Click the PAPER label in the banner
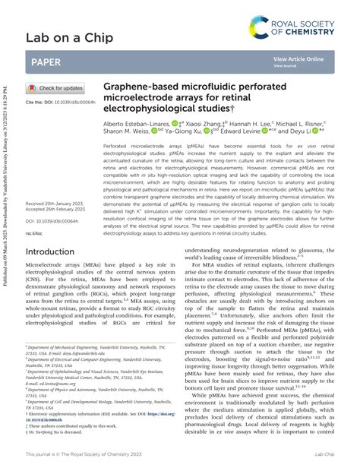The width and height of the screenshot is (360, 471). click(x=46, y=62)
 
